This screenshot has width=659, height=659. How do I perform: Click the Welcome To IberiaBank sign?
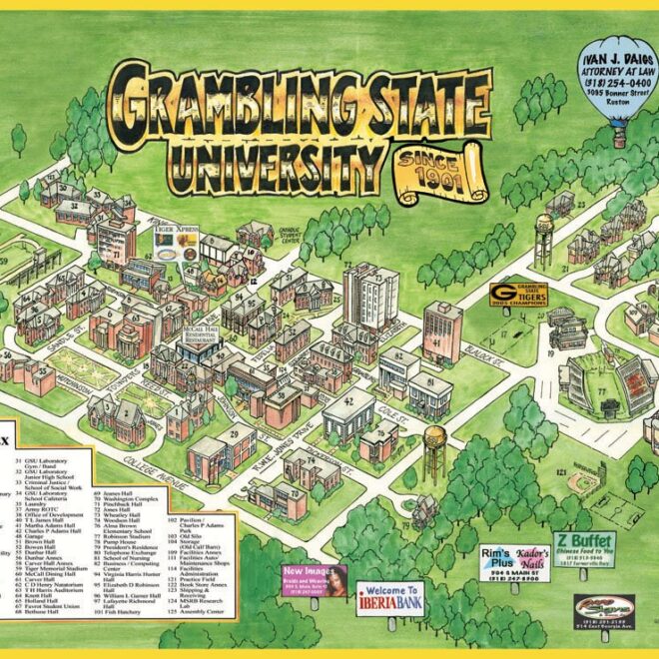[390, 596]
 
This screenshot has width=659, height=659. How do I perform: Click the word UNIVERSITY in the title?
[265, 159]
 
